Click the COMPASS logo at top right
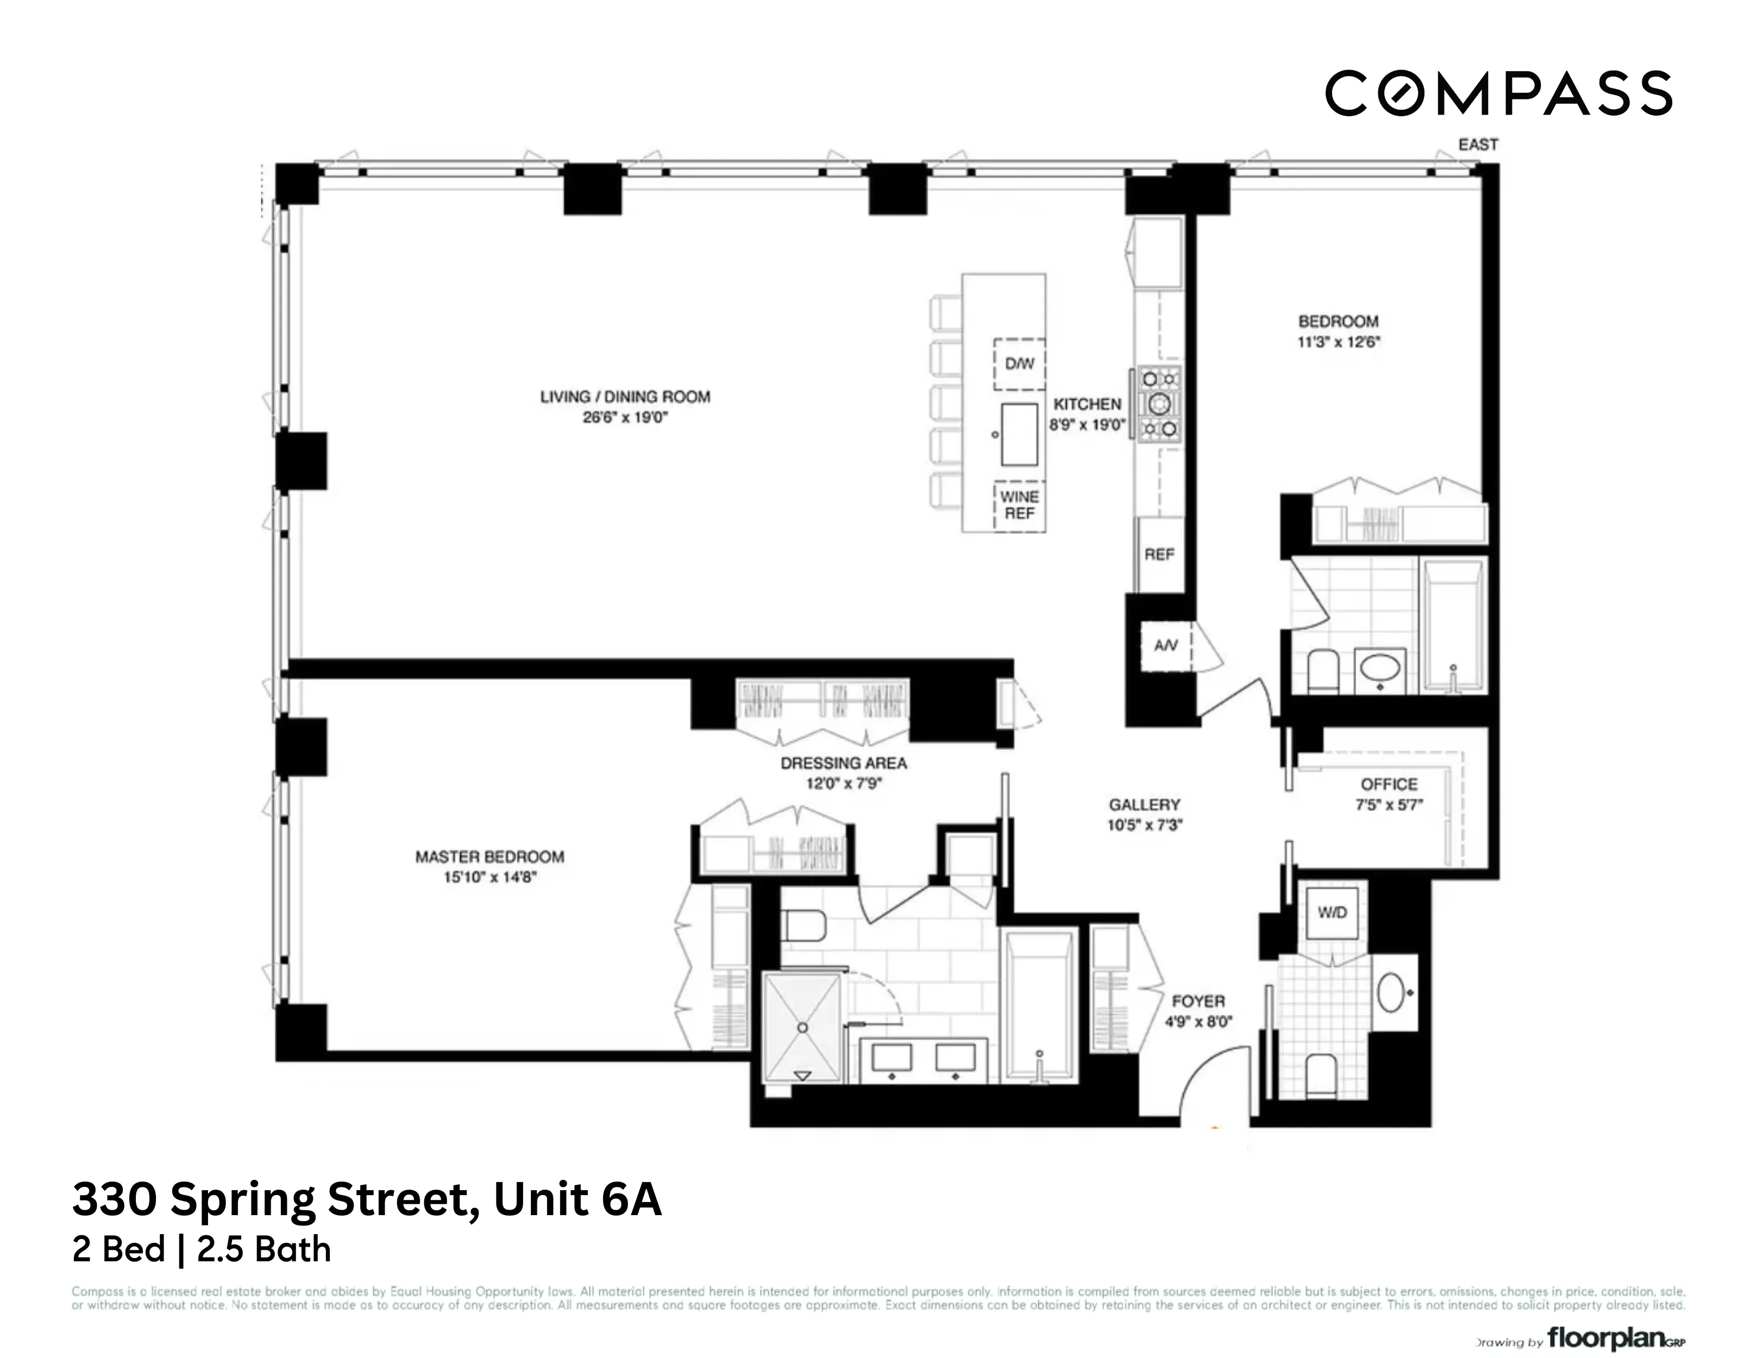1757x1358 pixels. coord(1497,93)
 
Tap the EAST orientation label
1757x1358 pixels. coord(1478,145)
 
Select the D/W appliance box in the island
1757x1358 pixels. coord(1019,363)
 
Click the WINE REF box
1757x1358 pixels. coord(1019,505)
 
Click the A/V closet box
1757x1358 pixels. coord(1166,645)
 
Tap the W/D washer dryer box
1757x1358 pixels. coord(1332,913)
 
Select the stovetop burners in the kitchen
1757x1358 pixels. coord(1160,404)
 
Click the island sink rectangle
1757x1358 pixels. coord(1019,435)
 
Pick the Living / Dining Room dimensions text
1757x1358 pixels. coord(625,418)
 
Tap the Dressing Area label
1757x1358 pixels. coord(843,763)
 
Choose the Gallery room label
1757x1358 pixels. coord(1144,804)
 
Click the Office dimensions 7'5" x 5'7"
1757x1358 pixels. coord(1389,804)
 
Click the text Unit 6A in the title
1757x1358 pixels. coord(577,1199)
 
